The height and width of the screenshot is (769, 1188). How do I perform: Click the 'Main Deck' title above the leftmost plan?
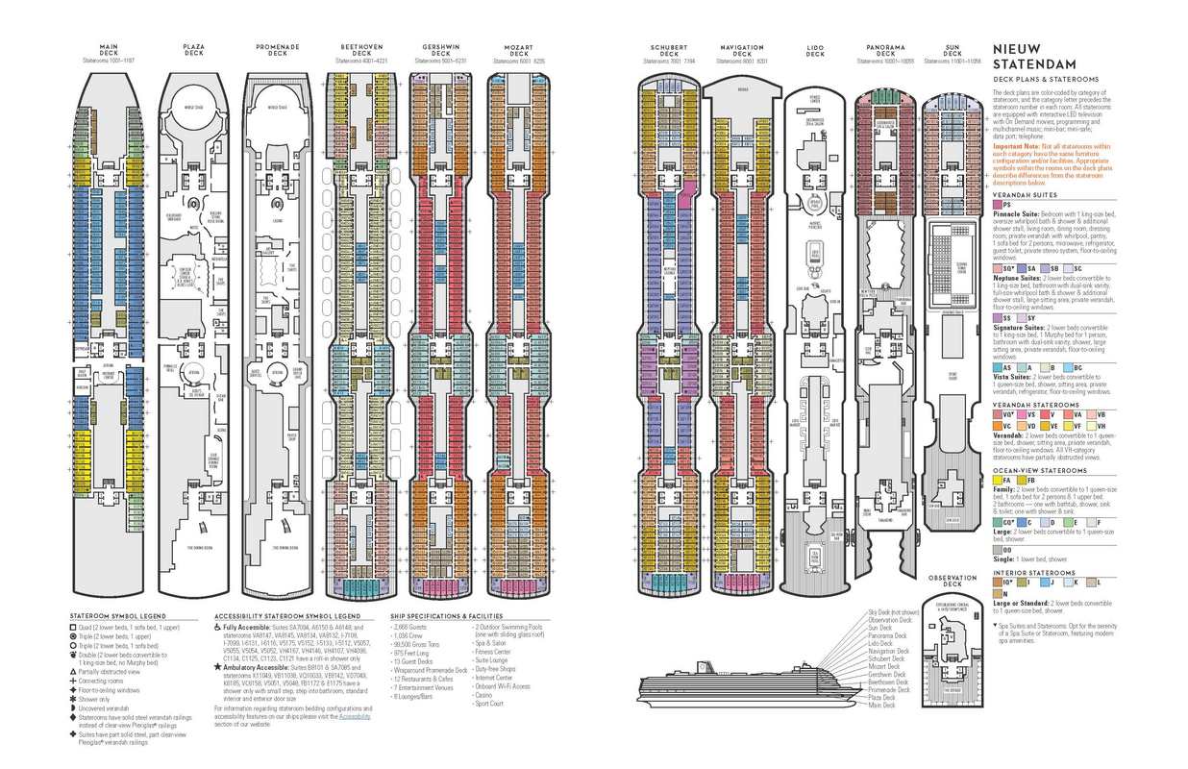[x=108, y=50]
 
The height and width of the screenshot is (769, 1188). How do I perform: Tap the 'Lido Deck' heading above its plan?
[x=815, y=50]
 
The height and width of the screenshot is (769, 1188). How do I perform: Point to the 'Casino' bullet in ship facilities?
[x=484, y=694]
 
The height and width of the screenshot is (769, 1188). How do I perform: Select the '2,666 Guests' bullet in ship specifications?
[x=410, y=626]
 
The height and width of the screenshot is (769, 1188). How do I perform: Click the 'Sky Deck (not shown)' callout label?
[x=894, y=611]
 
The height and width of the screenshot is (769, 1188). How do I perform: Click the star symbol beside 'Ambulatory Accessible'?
[x=218, y=666]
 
